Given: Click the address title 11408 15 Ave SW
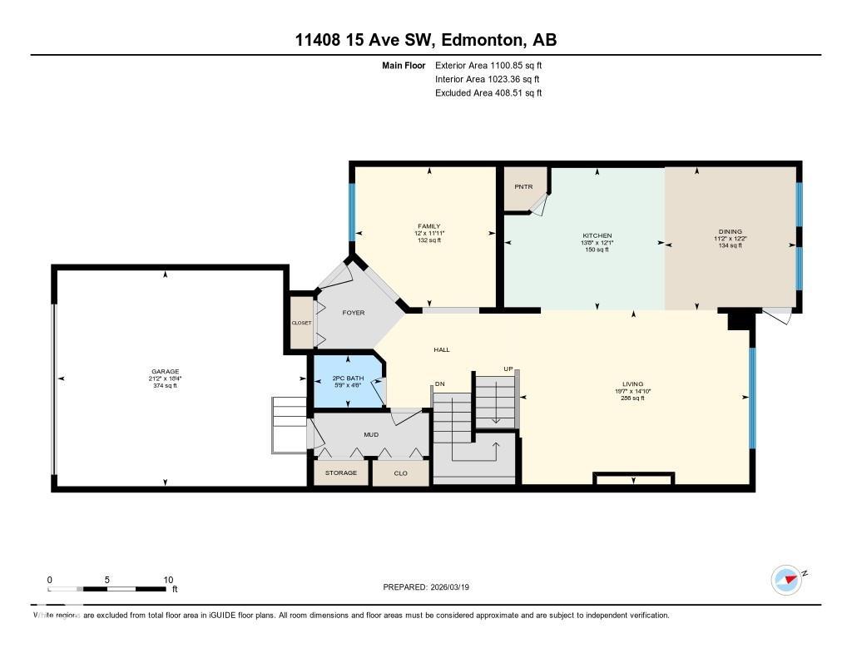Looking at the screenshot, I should pos(425,40).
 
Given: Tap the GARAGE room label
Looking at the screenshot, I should pos(165,372).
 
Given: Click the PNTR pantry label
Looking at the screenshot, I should pos(523,186).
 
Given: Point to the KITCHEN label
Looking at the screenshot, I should pos(597,235).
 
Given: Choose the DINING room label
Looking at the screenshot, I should pos(730,232).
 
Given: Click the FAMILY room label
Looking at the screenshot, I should pos(429,226).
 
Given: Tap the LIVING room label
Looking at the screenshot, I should pos(632,384).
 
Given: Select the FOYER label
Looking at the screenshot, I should pos(354,313).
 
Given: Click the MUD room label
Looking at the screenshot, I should pos(371,433).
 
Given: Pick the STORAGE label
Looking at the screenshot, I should pos(340,472).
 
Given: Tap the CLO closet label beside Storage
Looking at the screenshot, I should pos(400,472).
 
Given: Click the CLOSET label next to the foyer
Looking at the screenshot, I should pos(300,323).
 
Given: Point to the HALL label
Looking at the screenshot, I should pos(441,349).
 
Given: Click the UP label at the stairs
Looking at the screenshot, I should pos(507,369).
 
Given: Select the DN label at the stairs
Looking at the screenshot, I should pos(439,384).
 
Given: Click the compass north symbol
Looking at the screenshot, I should pos(786,579).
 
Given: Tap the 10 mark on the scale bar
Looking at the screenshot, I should pos(168,580).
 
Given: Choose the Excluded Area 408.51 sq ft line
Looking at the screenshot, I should pos(488,93).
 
